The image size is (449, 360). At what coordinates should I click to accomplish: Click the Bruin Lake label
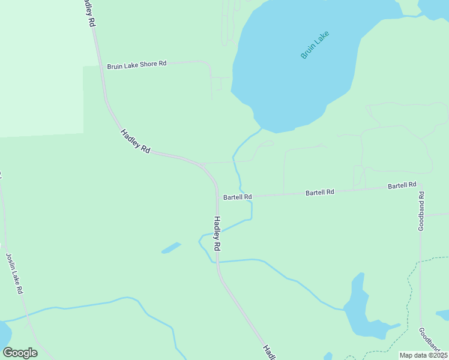tap(316, 44)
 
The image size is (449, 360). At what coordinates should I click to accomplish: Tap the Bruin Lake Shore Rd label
tap(136, 65)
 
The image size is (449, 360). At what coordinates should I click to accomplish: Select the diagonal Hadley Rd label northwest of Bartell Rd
tap(135, 141)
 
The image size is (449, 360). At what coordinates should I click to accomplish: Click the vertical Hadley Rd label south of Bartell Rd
tap(217, 233)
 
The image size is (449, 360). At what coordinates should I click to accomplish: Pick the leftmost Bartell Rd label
tap(237, 197)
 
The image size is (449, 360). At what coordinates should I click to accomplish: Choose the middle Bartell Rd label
tap(319, 193)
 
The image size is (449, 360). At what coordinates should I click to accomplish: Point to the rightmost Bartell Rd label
tap(402, 186)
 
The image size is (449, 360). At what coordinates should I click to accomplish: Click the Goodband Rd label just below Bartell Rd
tap(421, 211)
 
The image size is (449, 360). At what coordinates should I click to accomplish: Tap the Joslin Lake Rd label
tap(14, 273)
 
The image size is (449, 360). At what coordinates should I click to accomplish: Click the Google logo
tap(20, 353)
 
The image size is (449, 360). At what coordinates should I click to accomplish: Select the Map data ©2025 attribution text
tap(423, 355)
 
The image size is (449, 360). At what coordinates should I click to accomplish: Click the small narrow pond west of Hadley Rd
tap(171, 248)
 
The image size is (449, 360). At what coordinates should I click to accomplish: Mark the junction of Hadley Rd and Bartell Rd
tap(217, 196)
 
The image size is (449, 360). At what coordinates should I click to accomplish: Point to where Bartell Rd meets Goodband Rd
tap(420, 185)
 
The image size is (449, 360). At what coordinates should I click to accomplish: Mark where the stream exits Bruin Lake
tap(262, 128)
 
